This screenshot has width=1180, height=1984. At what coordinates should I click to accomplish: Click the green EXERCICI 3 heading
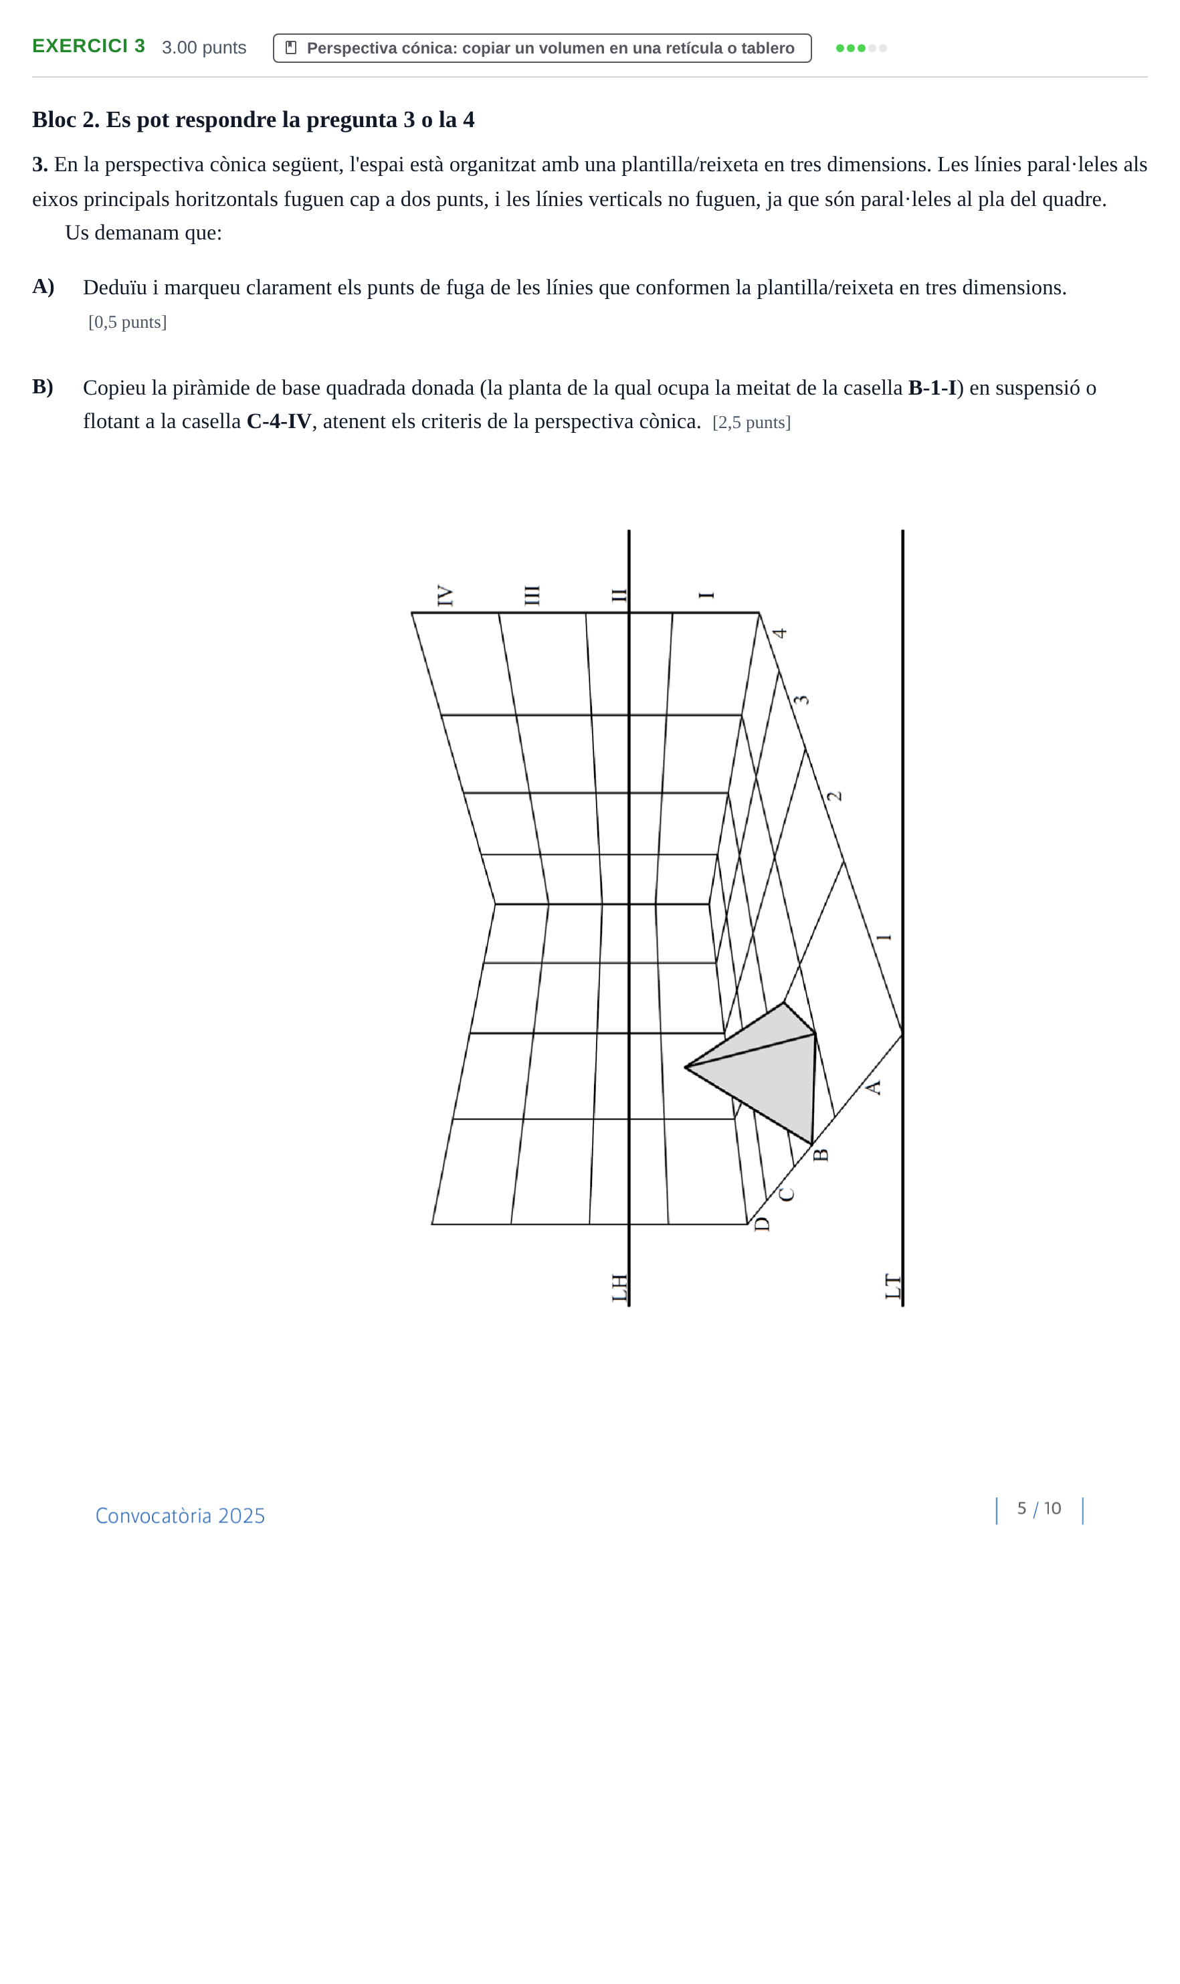(88, 46)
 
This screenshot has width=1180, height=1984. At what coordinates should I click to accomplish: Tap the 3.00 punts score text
(204, 47)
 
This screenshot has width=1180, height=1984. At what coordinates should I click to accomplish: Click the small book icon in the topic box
(291, 47)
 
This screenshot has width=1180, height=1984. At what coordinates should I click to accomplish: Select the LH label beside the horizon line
(619, 1288)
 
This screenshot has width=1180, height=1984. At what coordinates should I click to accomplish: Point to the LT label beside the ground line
(893, 1287)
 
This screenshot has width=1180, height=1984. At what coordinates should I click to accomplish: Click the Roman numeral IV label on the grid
(446, 596)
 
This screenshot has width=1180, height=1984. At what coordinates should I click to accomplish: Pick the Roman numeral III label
(532, 595)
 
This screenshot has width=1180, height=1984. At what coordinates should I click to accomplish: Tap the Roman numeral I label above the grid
(706, 595)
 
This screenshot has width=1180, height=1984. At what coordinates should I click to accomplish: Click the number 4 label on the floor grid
(779, 633)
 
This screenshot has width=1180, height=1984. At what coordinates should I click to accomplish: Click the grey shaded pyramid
(763, 1069)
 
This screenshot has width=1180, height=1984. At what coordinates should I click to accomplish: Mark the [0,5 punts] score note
(127, 322)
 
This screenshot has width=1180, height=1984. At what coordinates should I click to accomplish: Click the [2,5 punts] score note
(751, 422)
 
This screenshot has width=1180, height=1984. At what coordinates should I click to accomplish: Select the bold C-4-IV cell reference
(279, 421)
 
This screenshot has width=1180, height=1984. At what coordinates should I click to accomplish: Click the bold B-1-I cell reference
(932, 388)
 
